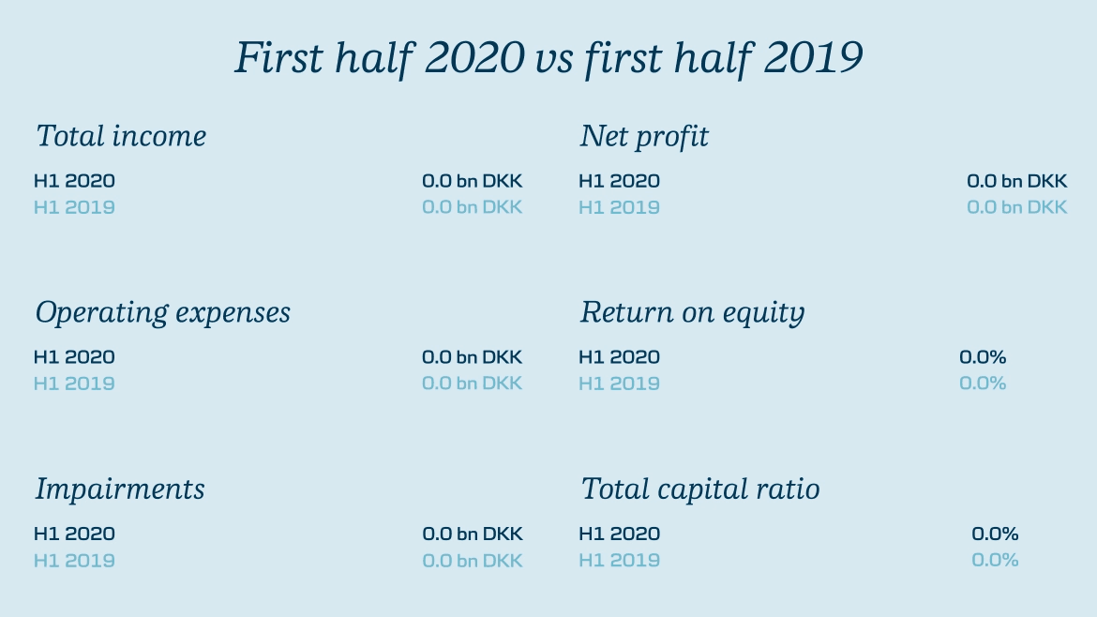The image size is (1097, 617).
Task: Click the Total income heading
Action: (121, 136)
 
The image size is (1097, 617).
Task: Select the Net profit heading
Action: (644, 136)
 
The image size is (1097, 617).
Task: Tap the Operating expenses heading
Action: (163, 312)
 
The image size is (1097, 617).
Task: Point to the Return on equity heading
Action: (693, 312)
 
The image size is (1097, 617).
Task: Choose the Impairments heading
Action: (120, 489)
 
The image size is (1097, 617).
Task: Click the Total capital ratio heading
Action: (700, 489)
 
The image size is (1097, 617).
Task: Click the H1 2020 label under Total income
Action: (74, 181)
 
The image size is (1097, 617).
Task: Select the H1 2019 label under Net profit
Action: (619, 208)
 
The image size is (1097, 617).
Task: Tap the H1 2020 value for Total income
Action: (473, 181)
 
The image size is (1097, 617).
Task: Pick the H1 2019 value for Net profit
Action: (1017, 208)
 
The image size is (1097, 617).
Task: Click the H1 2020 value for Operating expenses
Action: (473, 357)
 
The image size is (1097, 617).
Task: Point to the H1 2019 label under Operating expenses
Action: (74, 384)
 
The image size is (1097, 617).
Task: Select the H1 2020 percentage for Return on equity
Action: (983, 357)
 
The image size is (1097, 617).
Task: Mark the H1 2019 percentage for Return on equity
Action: (983, 384)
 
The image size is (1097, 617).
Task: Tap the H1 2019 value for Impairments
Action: (473, 561)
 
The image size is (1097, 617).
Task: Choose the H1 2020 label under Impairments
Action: (74, 534)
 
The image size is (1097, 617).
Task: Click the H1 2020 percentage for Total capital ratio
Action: (995, 534)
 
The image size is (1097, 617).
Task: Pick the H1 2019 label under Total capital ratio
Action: (619, 561)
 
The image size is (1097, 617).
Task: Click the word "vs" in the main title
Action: (554, 58)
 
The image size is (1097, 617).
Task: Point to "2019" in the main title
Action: (814, 57)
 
